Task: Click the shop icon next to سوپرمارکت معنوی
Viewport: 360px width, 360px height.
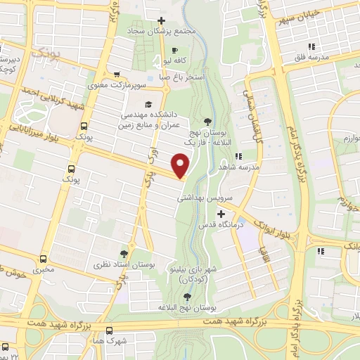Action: pos(117,76)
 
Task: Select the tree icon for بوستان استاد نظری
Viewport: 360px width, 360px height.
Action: pos(124,253)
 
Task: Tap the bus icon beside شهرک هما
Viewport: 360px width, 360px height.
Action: pos(109,329)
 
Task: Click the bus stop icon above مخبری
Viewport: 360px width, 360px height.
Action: pos(44,258)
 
